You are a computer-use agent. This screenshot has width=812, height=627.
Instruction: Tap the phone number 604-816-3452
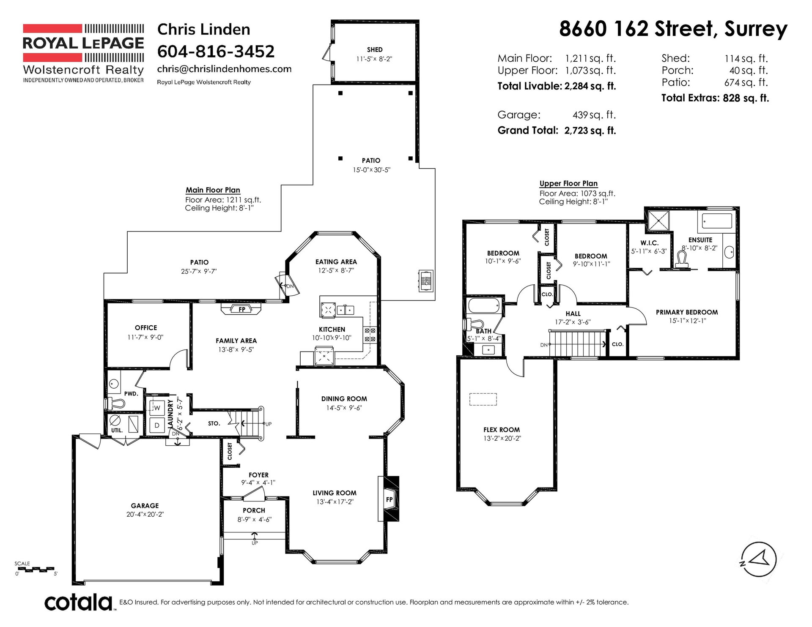(216, 52)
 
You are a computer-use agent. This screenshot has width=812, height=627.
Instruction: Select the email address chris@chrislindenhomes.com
(224, 69)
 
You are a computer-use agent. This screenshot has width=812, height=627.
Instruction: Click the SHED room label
(375, 49)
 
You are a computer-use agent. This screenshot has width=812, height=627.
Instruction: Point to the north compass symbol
(759, 559)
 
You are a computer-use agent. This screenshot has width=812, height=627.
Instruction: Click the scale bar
(36, 569)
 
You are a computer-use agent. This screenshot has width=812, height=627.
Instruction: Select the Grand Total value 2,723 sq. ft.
(590, 130)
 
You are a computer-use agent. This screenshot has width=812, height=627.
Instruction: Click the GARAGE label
(145, 506)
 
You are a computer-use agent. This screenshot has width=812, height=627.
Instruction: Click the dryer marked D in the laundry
(157, 425)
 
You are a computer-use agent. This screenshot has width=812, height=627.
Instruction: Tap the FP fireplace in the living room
(389, 499)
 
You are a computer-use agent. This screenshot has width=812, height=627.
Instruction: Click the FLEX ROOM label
(502, 430)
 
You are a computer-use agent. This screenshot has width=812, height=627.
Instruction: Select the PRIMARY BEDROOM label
(687, 312)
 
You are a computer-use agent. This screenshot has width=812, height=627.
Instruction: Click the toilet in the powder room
(115, 403)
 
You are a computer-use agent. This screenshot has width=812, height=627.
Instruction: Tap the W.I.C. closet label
(649, 243)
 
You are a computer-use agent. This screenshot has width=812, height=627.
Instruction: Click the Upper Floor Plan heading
(568, 183)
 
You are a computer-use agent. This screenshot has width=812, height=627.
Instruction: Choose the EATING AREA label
(336, 262)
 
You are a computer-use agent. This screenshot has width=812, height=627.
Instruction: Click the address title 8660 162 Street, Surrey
(673, 29)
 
